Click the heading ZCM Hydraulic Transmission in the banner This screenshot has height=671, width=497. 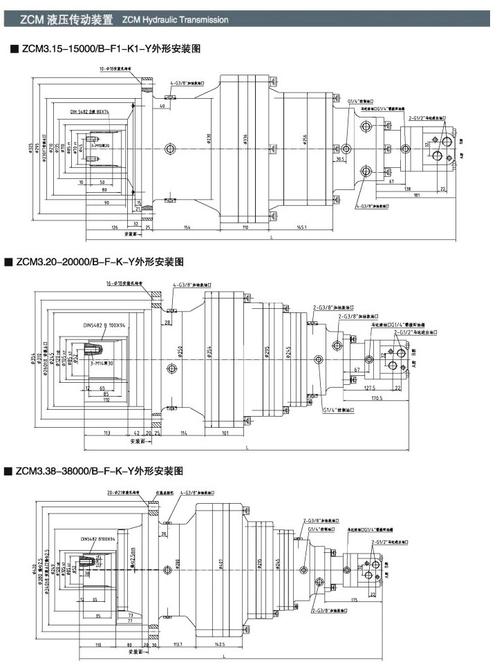pyautogui.click(x=175, y=20)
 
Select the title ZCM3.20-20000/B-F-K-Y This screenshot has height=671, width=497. pyautogui.click(x=95, y=262)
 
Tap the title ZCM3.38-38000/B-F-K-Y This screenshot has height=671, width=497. pyautogui.click(x=95, y=470)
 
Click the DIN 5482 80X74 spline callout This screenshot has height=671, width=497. pyautogui.click(x=90, y=111)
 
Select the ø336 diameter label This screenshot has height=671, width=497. pyautogui.click(x=245, y=141)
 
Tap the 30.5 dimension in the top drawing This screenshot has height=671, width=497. pyautogui.click(x=340, y=159)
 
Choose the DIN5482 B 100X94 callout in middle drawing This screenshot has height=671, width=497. pyautogui.click(x=104, y=325)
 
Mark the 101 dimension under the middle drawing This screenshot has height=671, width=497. pyautogui.click(x=225, y=433)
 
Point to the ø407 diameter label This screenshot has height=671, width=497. pyautogui.click(x=221, y=563)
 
